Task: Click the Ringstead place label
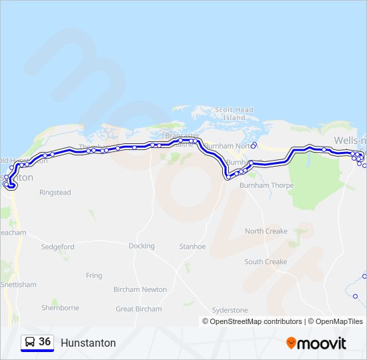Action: (x=55, y=193)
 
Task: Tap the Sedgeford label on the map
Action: (x=58, y=246)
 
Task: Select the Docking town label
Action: (x=141, y=246)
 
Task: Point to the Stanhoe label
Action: (x=192, y=246)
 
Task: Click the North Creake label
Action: (x=266, y=231)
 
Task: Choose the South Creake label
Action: (x=266, y=262)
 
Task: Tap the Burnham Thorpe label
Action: (x=266, y=185)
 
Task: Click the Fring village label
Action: (x=94, y=275)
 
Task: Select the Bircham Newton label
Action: (x=140, y=289)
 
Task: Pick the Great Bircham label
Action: (x=139, y=309)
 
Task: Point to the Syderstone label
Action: (x=230, y=310)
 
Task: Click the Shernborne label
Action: (x=60, y=308)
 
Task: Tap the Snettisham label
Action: (x=19, y=285)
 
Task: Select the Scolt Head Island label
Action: (x=234, y=113)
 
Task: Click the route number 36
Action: (x=45, y=342)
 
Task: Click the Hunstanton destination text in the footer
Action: (x=88, y=343)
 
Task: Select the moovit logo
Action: (x=316, y=343)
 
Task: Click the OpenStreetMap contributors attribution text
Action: (x=252, y=321)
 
